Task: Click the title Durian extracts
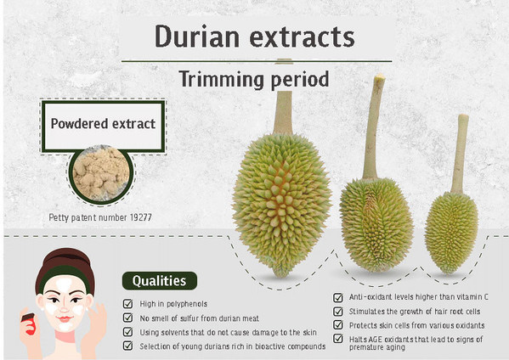(255, 37)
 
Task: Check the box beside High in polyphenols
(127, 303)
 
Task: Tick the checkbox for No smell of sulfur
(127, 318)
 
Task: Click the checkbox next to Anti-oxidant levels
(339, 297)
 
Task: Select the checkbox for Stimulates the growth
(339, 311)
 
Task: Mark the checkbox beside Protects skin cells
(339, 325)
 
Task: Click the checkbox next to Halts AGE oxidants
(339, 340)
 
